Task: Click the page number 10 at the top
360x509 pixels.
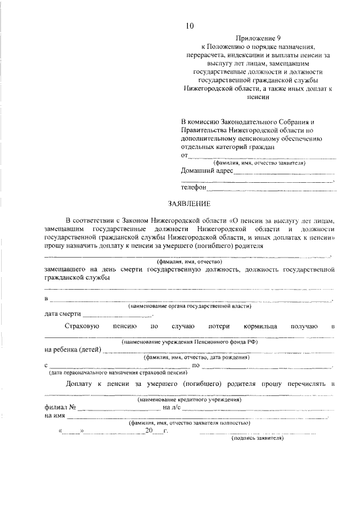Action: coord(190,25)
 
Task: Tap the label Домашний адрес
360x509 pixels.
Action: coord(206,171)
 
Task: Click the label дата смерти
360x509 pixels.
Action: coord(62,314)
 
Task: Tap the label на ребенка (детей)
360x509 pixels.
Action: coord(73,350)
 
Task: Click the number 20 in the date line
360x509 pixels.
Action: coord(148,431)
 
